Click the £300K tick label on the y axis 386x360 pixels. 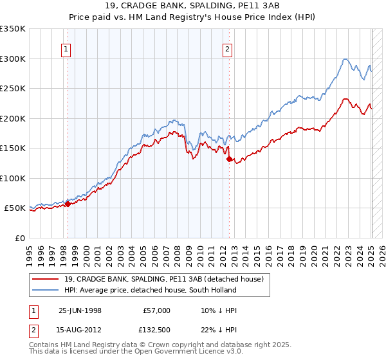(x=13, y=59)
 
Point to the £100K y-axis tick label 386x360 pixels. (x=13, y=178)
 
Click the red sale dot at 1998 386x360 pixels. (x=68, y=204)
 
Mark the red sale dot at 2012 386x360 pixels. (x=229, y=159)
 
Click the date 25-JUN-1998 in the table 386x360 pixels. (x=80, y=310)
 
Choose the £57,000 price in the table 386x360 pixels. (x=156, y=310)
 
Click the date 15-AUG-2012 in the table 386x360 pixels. (x=80, y=330)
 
